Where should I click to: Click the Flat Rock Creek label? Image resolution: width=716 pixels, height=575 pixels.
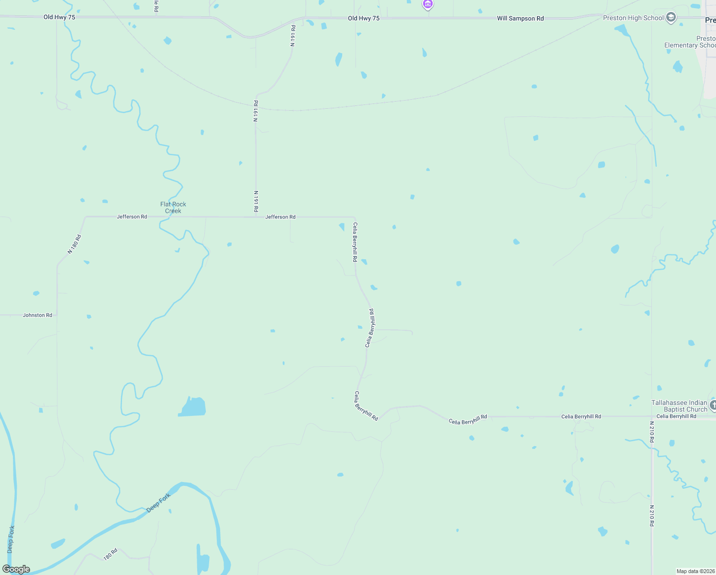tap(173, 207)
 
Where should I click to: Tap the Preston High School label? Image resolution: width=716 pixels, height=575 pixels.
tap(633, 18)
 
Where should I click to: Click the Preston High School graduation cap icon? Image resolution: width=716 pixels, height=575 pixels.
tap(671, 18)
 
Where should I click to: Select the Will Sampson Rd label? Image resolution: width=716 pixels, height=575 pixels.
tap(520, 19)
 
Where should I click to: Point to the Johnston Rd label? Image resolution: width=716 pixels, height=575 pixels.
tap(37, 315)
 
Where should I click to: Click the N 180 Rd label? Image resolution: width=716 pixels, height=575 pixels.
tap(74, 244)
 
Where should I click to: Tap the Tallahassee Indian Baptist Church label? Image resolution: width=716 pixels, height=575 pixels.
tap(679, 406)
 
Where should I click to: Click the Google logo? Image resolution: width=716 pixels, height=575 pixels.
tap(16, 569)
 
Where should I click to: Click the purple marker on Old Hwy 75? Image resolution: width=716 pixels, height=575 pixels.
tap(428, 5)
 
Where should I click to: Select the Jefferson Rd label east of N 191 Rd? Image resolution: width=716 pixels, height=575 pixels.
tap(280, 217)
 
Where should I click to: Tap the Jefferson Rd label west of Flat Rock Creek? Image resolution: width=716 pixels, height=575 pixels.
tap(132, 217)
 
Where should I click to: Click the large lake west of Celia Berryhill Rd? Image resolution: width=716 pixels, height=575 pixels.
tap(192, 407)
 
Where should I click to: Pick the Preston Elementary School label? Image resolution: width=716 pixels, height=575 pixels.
tap(690, 42)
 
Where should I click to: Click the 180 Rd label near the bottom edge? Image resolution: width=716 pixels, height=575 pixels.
tap(111, 554)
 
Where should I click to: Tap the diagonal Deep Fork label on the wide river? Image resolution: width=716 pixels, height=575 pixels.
tap(158, 503)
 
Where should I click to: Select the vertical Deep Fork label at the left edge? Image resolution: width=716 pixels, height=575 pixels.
tap(11, 539)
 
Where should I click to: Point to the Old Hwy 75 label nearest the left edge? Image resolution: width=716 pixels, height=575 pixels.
tap(59, 17)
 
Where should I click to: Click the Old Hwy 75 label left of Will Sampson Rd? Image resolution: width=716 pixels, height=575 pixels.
tap(364, 19)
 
